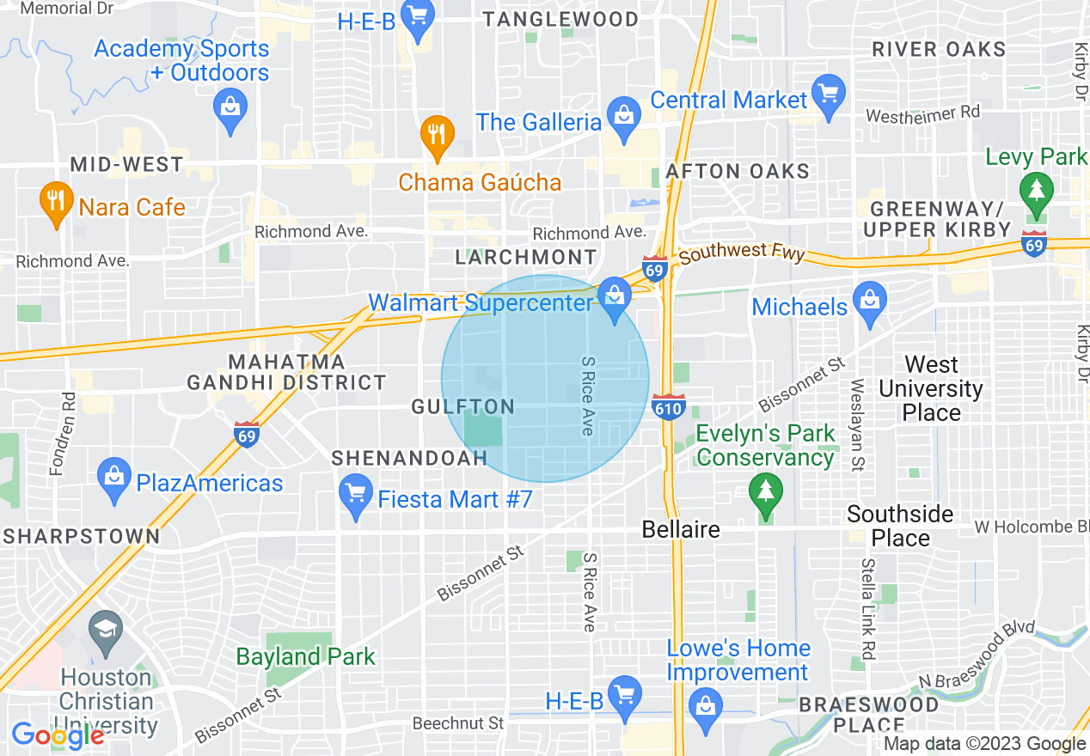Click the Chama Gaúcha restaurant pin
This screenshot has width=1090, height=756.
coord(438,136)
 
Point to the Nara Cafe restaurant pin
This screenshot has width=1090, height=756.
coord(56,202)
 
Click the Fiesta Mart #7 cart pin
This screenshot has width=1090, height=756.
coord(356,495)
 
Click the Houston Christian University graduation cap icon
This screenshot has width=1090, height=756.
coord(107,629)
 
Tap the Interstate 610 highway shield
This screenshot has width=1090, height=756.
coord(668,406)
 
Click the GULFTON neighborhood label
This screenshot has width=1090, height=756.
coord(462,407)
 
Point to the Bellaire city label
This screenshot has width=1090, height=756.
coord(681,529)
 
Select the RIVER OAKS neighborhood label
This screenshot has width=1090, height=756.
coord(939,49)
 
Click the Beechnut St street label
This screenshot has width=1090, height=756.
coord(458,723)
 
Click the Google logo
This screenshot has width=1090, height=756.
coord(58,735)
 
